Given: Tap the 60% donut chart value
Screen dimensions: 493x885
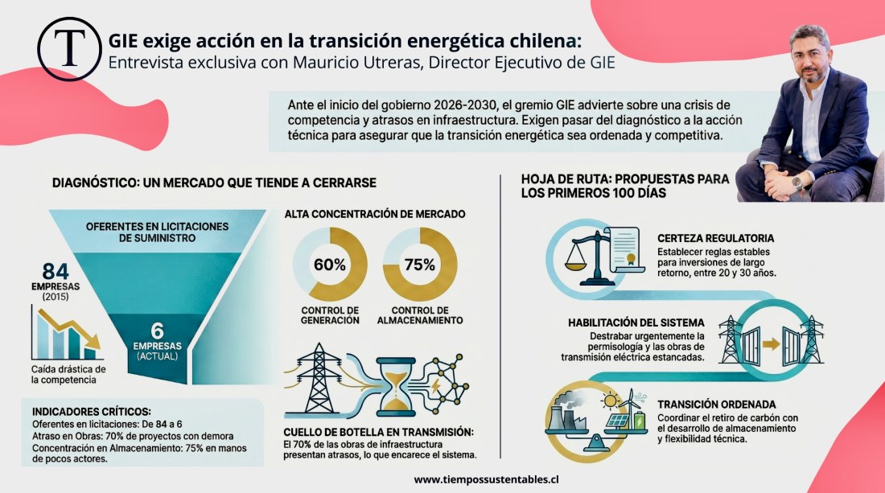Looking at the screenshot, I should [330, 265].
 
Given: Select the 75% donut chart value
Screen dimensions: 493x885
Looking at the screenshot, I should [418, 265].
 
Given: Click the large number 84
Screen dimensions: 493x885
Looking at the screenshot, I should [56, 271].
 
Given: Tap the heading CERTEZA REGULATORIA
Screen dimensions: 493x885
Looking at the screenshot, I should [715, 239].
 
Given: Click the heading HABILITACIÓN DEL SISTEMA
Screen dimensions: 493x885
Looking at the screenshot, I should [636, 323].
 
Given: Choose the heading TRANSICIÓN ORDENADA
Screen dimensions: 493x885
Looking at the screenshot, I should [714, 405].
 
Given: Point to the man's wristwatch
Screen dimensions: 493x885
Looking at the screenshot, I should [796, 181].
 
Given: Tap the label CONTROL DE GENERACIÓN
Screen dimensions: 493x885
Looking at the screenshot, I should [330, 315].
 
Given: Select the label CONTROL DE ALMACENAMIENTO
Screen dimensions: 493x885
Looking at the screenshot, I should [420, 315].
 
